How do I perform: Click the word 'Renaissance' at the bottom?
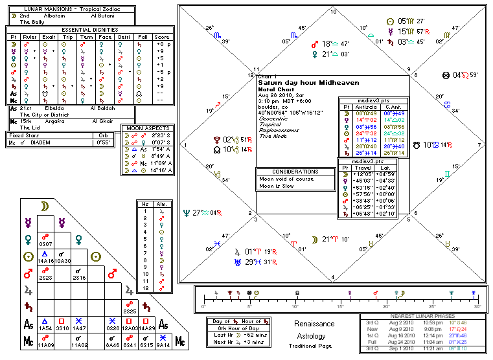tap(314, 323)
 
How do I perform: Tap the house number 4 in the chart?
tap(333, 276)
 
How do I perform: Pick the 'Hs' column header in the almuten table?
tap(146, 204)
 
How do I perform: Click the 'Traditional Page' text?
tap(314, 346)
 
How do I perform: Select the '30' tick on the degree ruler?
tap(477, 306)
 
